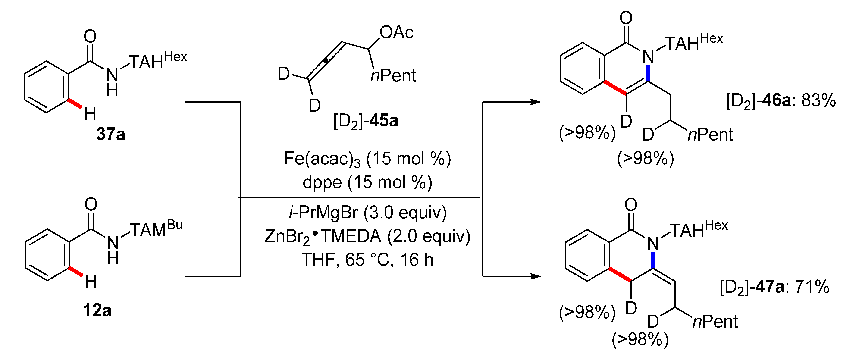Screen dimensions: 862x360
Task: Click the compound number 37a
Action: click(111, 134)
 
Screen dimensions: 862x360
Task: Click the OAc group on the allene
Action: click(397, 32)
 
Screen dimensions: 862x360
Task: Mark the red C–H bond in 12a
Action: click(76, 272)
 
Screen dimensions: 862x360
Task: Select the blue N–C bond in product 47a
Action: click(653, 260)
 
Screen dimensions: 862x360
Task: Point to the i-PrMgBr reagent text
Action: click(323, 213)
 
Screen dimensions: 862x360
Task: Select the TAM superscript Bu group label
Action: click(156, 229)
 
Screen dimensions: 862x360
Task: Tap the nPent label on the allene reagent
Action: click(393, 76)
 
